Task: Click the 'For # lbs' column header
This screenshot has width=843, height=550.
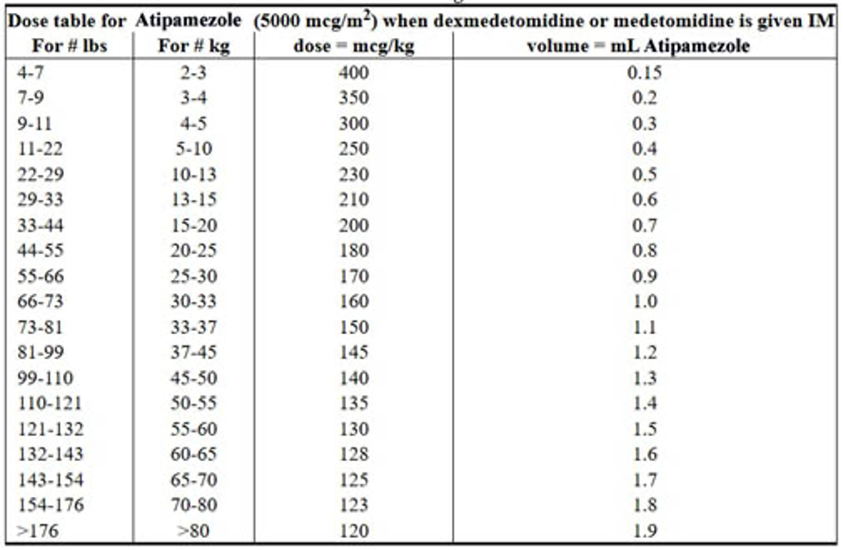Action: coord(69,46)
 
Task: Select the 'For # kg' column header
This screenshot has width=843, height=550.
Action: coord(194,46)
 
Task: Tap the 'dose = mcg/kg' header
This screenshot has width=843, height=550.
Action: coord(353,46)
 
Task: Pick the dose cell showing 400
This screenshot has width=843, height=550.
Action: coord(353,73)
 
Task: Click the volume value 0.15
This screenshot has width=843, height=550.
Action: coord(644,73)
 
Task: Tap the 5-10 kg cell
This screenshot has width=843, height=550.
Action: coord(194,149)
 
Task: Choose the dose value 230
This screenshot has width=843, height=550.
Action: coord(353,174)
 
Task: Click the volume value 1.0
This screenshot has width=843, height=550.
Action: coord(644,301)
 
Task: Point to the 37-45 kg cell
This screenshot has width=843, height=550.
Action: coord(194,352)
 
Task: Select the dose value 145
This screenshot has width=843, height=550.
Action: coord(353,352)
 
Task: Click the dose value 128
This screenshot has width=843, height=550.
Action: coord(353,454)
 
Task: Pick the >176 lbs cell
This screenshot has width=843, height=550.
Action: coord(35,530)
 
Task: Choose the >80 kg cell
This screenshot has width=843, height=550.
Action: coord(194,530)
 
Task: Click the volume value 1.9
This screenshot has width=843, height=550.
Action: coord(644,530)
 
